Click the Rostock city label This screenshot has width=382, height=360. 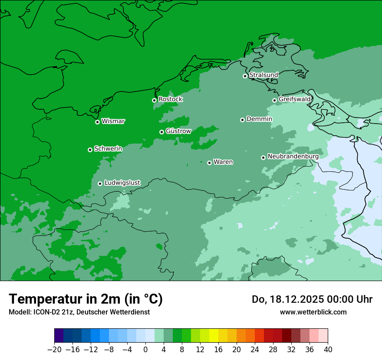(x=170, y=99)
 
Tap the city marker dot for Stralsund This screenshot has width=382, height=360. (x=245, y=76)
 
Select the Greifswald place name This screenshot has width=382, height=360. (x=295, y=99)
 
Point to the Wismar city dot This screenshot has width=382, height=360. (x=97, y=122)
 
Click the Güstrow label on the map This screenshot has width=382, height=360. (x=178, y=131)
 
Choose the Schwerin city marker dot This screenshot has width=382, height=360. (x=90, y=150)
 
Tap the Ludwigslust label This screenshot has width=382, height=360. (x=122, y=183)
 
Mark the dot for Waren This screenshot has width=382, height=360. (x=209, y=163)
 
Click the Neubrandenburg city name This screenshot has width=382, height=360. (x=293, y=156)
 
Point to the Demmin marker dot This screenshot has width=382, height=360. (x=242, y=120)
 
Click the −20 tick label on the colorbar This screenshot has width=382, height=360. (x=54, y=350)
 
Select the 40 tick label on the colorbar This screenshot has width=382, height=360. (x=328, y=350)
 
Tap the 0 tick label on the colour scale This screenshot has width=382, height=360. (x=145, y=350)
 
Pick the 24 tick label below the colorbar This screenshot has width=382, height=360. (x=255, y=350)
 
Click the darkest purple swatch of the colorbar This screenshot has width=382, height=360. (x=59, y=336)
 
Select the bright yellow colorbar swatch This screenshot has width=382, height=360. (x=214, y=336)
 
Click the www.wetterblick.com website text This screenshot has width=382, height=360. (x=313, y=312)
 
